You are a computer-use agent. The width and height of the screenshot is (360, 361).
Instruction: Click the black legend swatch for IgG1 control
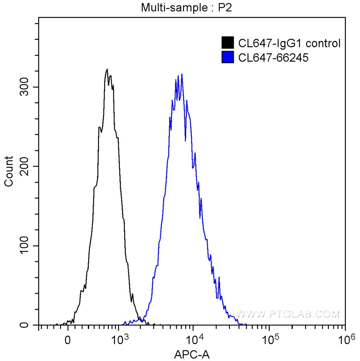(227, 43)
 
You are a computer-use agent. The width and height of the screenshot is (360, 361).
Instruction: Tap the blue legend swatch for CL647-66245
(227, 57)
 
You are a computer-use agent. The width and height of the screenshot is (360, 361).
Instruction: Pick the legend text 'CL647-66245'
(268, 57)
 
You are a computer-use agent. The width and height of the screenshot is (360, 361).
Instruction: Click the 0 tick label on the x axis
(68, 341)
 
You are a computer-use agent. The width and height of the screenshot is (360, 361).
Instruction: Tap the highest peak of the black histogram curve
(107, 69)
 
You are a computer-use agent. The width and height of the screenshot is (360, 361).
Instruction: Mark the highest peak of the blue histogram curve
(182, 74)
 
